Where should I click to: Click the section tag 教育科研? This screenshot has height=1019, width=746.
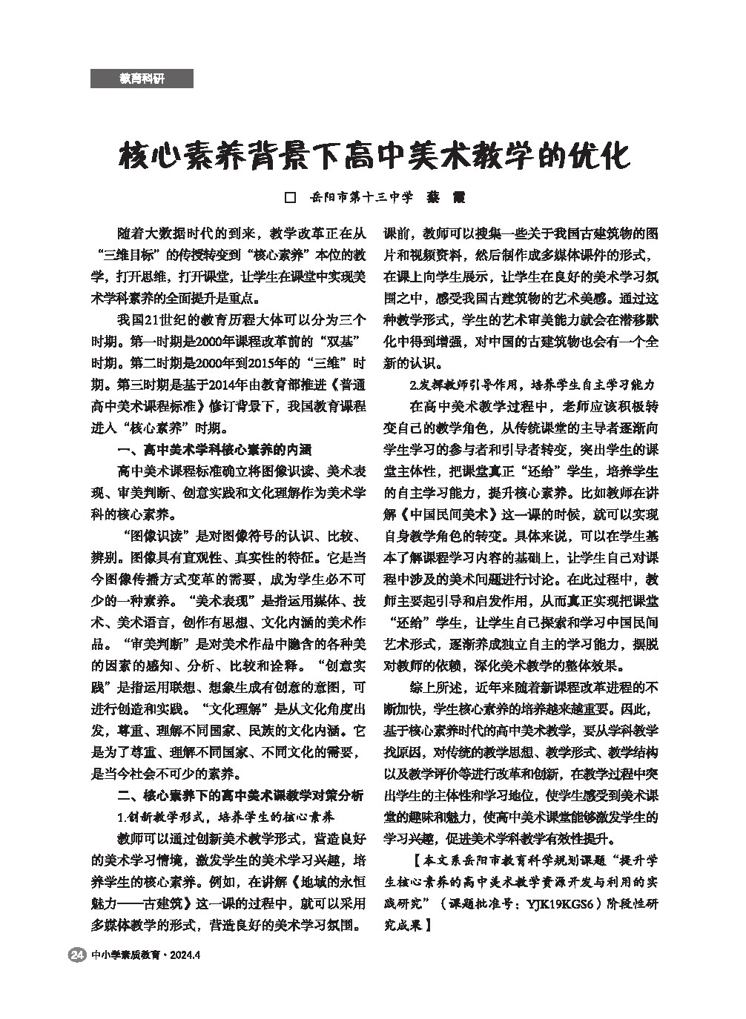[x=142, y=79]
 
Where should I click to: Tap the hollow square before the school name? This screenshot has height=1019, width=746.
[x=291, y=198]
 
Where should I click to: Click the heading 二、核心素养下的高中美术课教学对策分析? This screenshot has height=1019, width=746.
[x=241, y=796]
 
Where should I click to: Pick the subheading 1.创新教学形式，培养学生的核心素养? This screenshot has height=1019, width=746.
[x=226, y=817]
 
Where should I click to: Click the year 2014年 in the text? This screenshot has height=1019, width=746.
[x=222, y=385]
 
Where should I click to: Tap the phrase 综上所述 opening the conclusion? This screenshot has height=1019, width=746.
[x=436, y=687]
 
